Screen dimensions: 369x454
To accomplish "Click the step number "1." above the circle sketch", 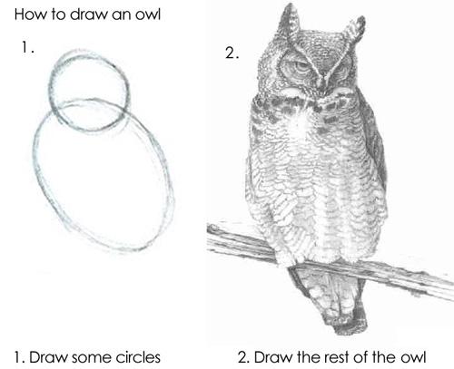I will pyautogui.click(x=28, y=48).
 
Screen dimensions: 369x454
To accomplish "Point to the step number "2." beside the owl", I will pyautogui.click(x=231, y=53).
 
